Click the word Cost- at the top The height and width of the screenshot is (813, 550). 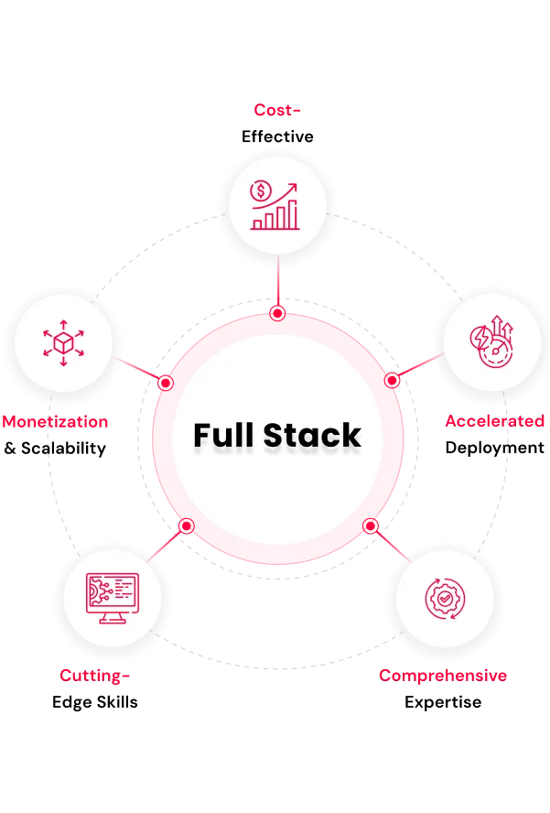point(276,110)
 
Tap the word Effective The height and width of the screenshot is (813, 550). point(277,136)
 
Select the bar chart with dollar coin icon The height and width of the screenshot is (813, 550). point(275,205)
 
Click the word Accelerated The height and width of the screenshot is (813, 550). point(494,420)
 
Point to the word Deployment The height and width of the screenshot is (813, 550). point(494,448)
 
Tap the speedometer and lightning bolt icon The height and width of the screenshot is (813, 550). point(491,341)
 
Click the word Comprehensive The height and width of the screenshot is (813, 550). point(443,676)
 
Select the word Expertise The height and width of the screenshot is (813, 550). point(443,702)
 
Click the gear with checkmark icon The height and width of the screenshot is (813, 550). point(445,599)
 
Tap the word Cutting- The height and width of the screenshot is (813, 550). point(94,676)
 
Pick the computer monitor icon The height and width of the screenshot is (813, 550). point(113,599)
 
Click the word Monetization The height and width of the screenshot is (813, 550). point(55,421)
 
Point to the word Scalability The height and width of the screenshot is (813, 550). point(63,448)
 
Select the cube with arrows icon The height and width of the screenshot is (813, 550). point(63,342)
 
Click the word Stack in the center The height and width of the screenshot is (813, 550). point(312,435)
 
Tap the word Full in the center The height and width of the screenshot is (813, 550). point(224,435)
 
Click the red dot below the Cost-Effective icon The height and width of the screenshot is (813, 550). point(278,313)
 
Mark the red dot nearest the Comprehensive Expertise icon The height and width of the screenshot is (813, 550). point(370,526)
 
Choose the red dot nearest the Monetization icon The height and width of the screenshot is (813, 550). point(166,383)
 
